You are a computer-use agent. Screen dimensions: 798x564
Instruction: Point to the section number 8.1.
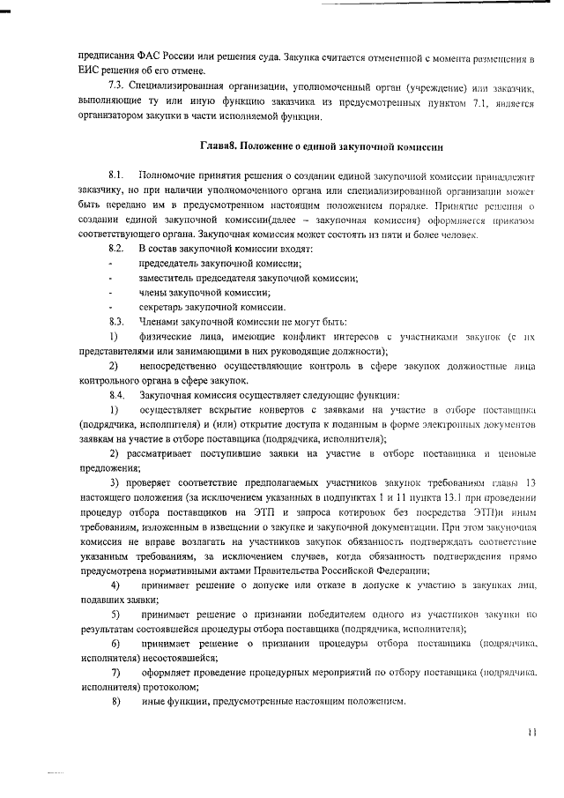[115, 177]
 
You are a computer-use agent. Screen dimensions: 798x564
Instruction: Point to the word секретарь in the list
[160, 306]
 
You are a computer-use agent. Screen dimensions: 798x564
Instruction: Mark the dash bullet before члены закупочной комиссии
[110, 292]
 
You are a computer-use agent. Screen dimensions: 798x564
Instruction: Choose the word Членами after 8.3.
[160, 320]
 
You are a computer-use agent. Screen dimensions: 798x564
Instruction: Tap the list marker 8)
[115, 701]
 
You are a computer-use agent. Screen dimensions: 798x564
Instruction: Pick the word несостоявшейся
[168, 658]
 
